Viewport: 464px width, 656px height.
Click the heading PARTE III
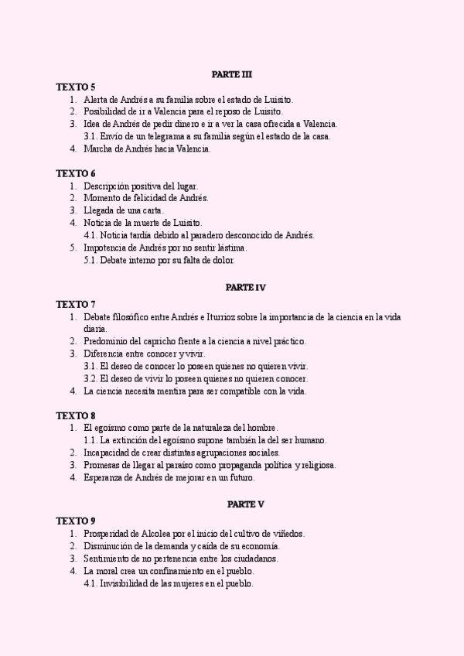(231, 74)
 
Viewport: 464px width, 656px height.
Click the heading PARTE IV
(246, 287)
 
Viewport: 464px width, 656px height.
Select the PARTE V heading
(246, 504)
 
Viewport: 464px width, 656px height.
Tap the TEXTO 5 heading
(76, 87)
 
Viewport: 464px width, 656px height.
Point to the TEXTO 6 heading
(76, 173)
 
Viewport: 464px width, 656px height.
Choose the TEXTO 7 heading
(76, 304)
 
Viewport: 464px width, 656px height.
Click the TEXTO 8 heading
(76, 415)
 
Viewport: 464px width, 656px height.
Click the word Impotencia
(105, 248)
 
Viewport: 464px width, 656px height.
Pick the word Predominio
(107, 340)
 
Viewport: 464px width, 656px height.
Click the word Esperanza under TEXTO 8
(105, 477)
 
